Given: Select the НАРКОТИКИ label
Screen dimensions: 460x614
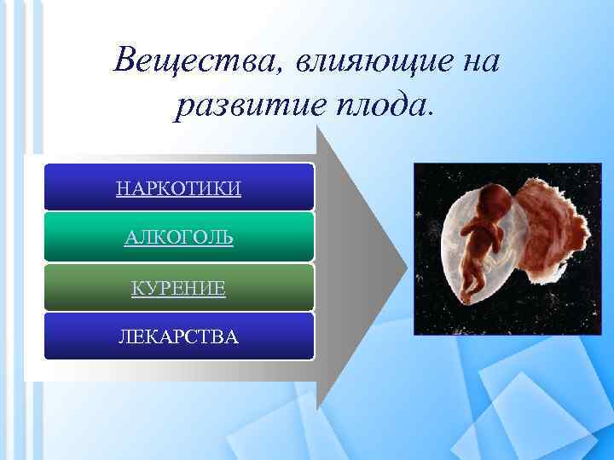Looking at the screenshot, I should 178,187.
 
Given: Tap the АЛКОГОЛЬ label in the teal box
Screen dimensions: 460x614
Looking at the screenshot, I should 178,238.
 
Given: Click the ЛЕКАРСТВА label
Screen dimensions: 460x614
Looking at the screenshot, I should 178,337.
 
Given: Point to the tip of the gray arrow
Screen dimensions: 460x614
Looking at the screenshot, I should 406,263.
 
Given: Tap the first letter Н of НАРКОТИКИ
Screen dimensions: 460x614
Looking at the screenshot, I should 122,187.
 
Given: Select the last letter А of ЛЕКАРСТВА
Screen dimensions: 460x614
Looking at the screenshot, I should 233,337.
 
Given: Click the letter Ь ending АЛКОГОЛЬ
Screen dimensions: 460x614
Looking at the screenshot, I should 227,238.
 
